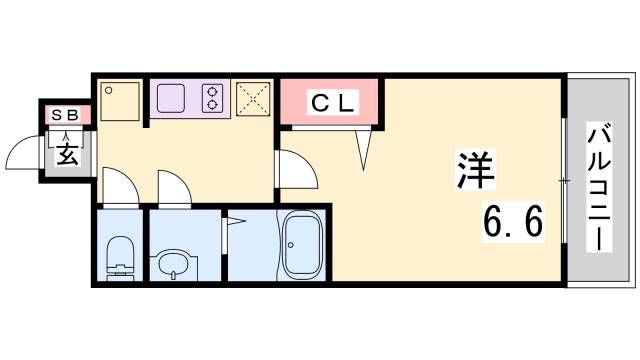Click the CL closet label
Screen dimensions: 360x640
[x=331, y=103]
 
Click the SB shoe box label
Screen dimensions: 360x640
[x=66, y=115]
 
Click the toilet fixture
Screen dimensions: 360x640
[x=120, y=256]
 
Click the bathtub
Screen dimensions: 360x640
[x=301, y=248]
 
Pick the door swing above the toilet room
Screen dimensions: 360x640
[x=117, y=185]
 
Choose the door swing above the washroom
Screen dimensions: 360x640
[x=172, y=185]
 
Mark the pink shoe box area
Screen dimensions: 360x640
[x=66, y=115]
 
